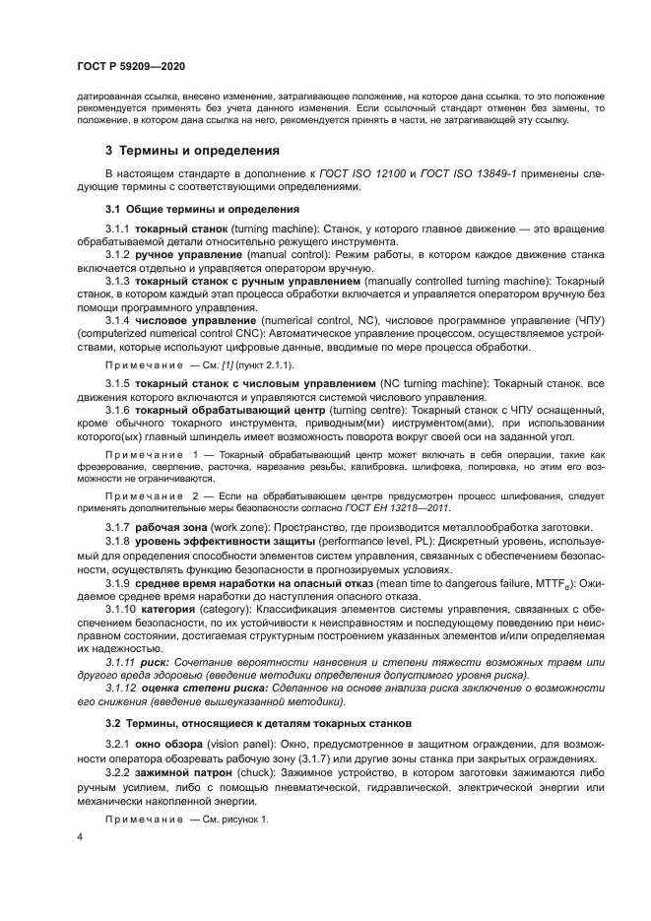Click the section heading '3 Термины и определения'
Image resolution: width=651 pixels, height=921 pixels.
click(x=192, y=151)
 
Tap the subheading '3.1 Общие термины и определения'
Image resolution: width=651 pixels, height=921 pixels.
click(x=197, y=209)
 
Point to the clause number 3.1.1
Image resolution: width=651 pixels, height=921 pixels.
click(x=118, y=229)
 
